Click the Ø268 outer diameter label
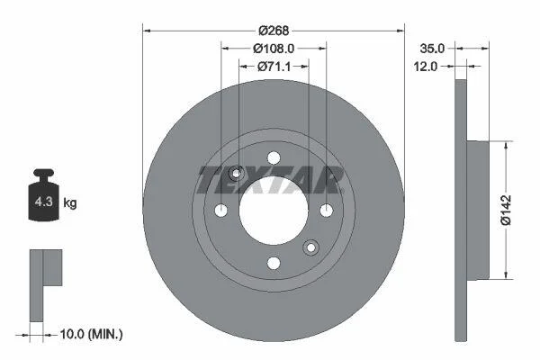pyautogui.click(x=274, y=31)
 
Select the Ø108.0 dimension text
pyautogui.click(x=274, y=49)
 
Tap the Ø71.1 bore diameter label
pyautogui.click(x=274, y=67)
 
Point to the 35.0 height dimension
pyautogui.click(x=432, y=49)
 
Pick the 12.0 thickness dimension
pyautogui.click(x=426, y=67)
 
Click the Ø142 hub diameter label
pyautogui.click(x=506, y=210)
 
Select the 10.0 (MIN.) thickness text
pyautogui.click(x=91, y=334)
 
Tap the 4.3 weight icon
pyautogui.click(x=44, y=195)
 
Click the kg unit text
pyautogui.click(x=70, y=202)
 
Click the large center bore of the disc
pyautogui.click(x=274, y=210)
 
